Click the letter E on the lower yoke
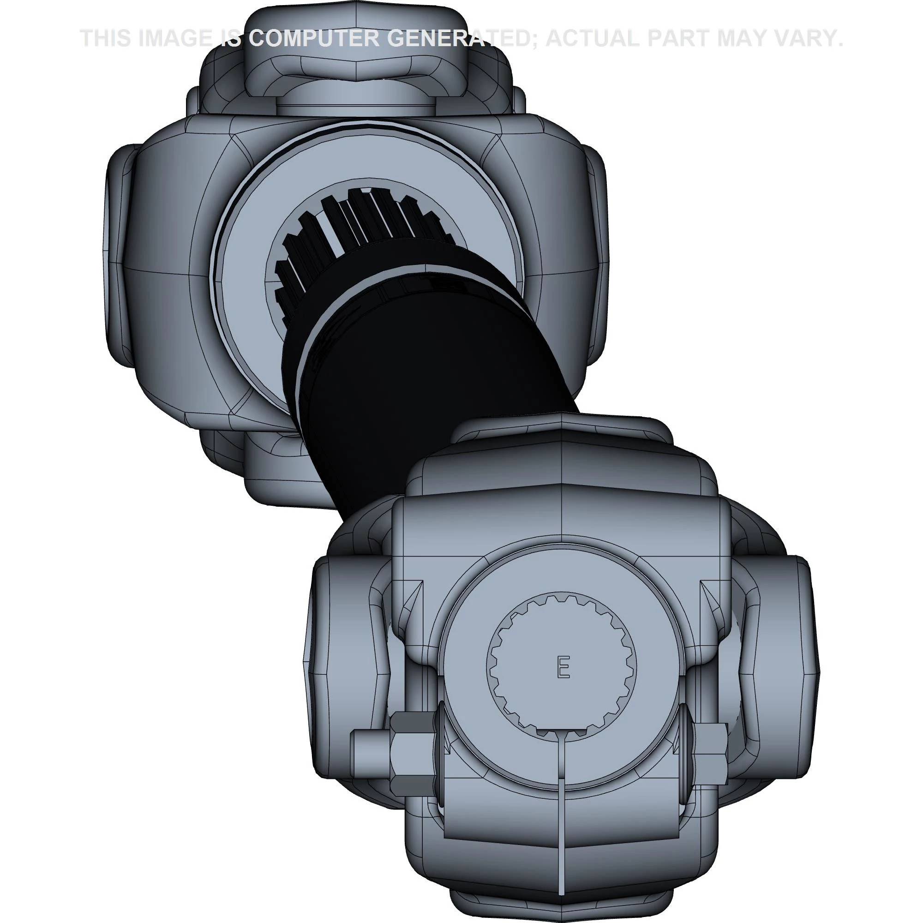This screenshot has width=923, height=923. coord(564,667)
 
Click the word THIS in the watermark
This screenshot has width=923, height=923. coord(108,38)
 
